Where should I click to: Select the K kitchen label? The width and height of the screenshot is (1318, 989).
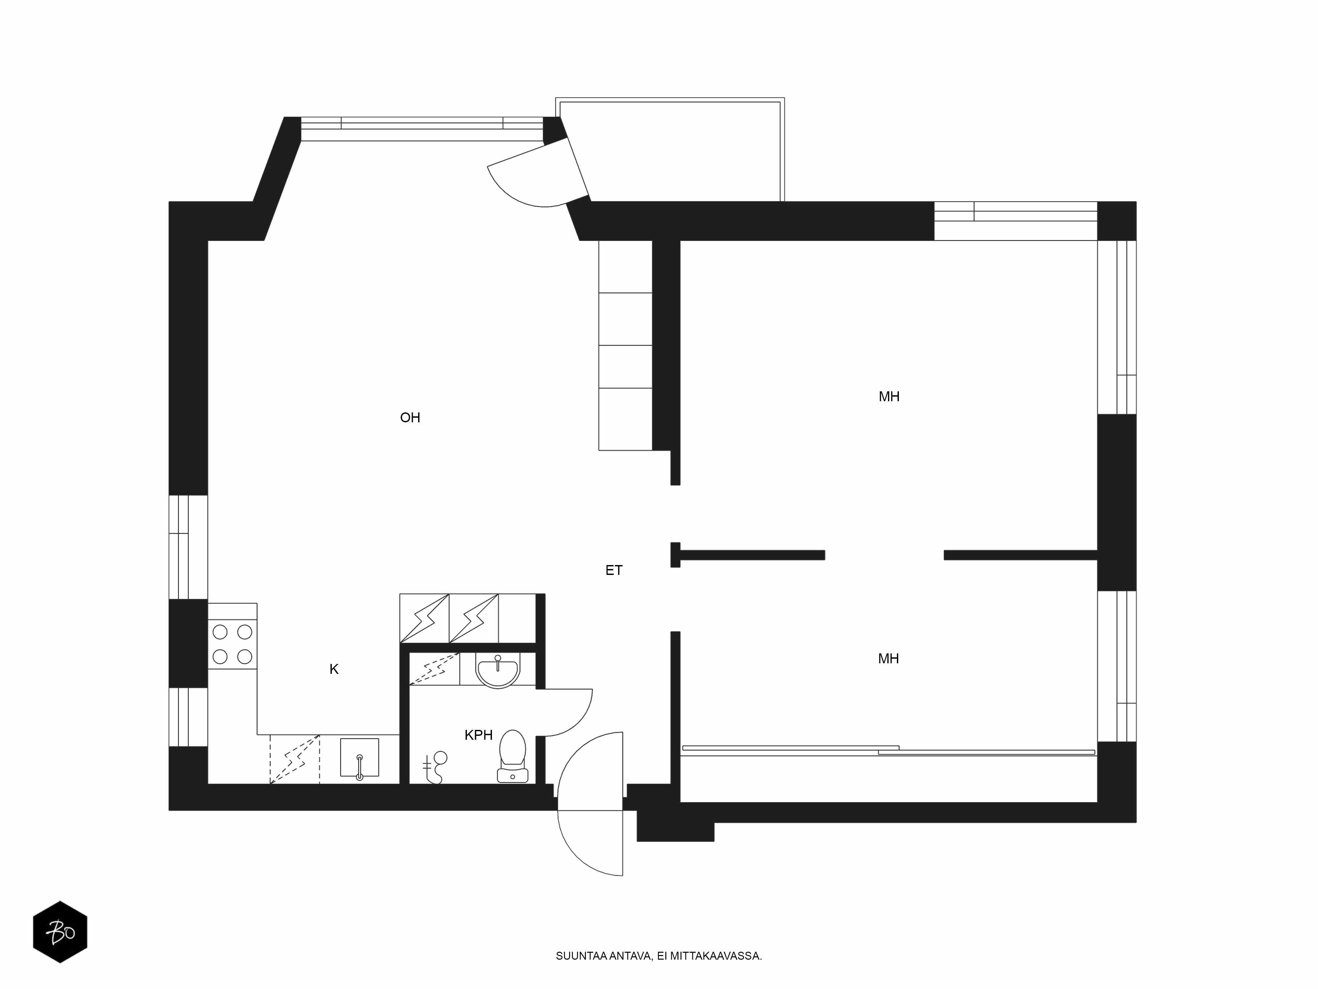[x=334, y=670]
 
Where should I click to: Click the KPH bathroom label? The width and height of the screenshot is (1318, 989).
[x=478, y=735]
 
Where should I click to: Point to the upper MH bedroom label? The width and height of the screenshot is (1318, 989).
[x=889, y=397]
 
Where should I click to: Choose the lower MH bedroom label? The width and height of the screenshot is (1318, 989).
[x=888, y=659]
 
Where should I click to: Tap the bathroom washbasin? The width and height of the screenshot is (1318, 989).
[x=498, y=670]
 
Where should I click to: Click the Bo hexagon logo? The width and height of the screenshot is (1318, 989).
[x=60, y=932]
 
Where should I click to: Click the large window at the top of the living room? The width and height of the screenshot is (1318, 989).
[x=422, y=129]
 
